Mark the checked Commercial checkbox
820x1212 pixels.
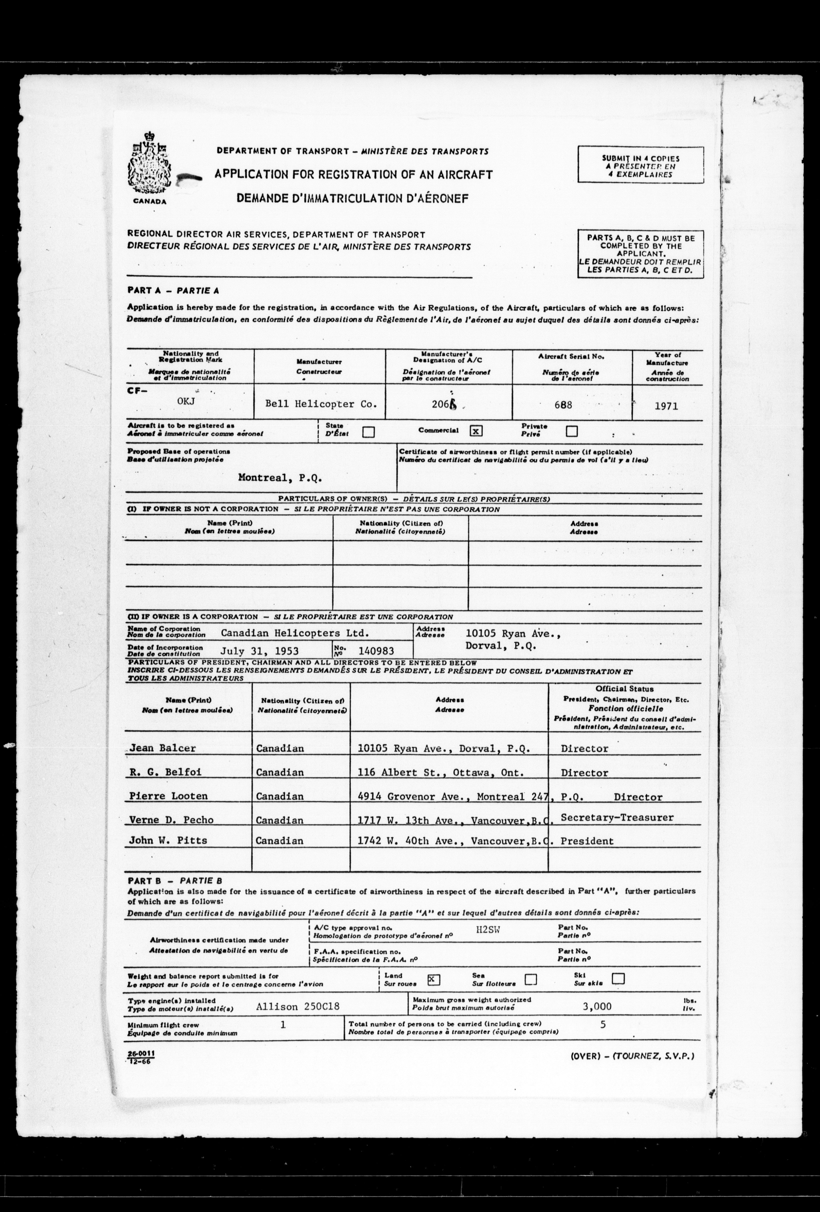(x=476, y=431)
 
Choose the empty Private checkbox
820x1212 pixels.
(x=572, y=431)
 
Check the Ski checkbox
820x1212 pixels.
(x=618, y=978)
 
